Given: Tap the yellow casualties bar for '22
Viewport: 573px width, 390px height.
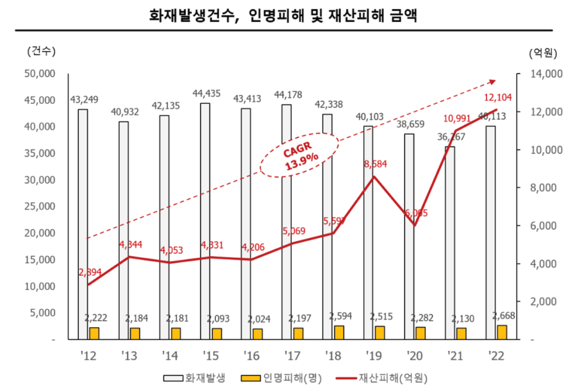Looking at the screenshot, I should point(502,332).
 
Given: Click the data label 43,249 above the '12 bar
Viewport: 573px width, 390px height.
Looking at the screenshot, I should point(83,99).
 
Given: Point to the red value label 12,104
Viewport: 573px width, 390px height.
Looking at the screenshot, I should point(498,98).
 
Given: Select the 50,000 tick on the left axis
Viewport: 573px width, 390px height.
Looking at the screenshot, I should point(39,73).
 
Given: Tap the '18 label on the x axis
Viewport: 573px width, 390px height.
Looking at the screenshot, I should point(332,356).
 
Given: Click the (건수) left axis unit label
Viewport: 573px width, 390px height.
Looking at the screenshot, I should point(41,51).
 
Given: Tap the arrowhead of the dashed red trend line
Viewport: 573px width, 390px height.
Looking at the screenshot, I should point(492,82).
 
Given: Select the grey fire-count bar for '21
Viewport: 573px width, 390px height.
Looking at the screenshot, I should point(450,242).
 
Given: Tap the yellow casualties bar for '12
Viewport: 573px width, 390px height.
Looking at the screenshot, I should point(94,333).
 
